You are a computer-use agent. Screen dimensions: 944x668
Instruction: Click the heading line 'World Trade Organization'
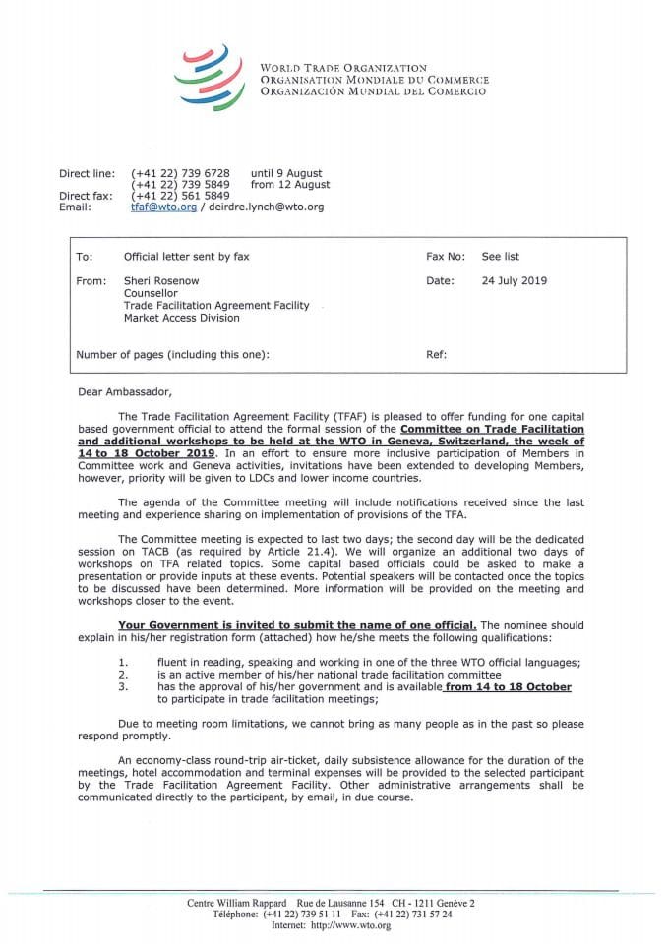click(343, 68)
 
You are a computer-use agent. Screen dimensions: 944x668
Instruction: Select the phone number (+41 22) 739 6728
click(180, 172)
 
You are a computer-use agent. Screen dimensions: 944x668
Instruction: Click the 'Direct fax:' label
click(85, 196)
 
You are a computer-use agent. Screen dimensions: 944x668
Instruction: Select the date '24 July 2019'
click(515, 280)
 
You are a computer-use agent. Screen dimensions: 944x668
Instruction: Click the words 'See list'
click(500, 257)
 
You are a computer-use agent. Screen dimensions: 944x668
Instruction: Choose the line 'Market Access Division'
click(182, 318)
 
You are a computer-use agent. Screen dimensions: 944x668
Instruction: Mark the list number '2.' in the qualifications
click(122, 675)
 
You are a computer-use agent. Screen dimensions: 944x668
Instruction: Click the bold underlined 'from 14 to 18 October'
click(508, 687)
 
